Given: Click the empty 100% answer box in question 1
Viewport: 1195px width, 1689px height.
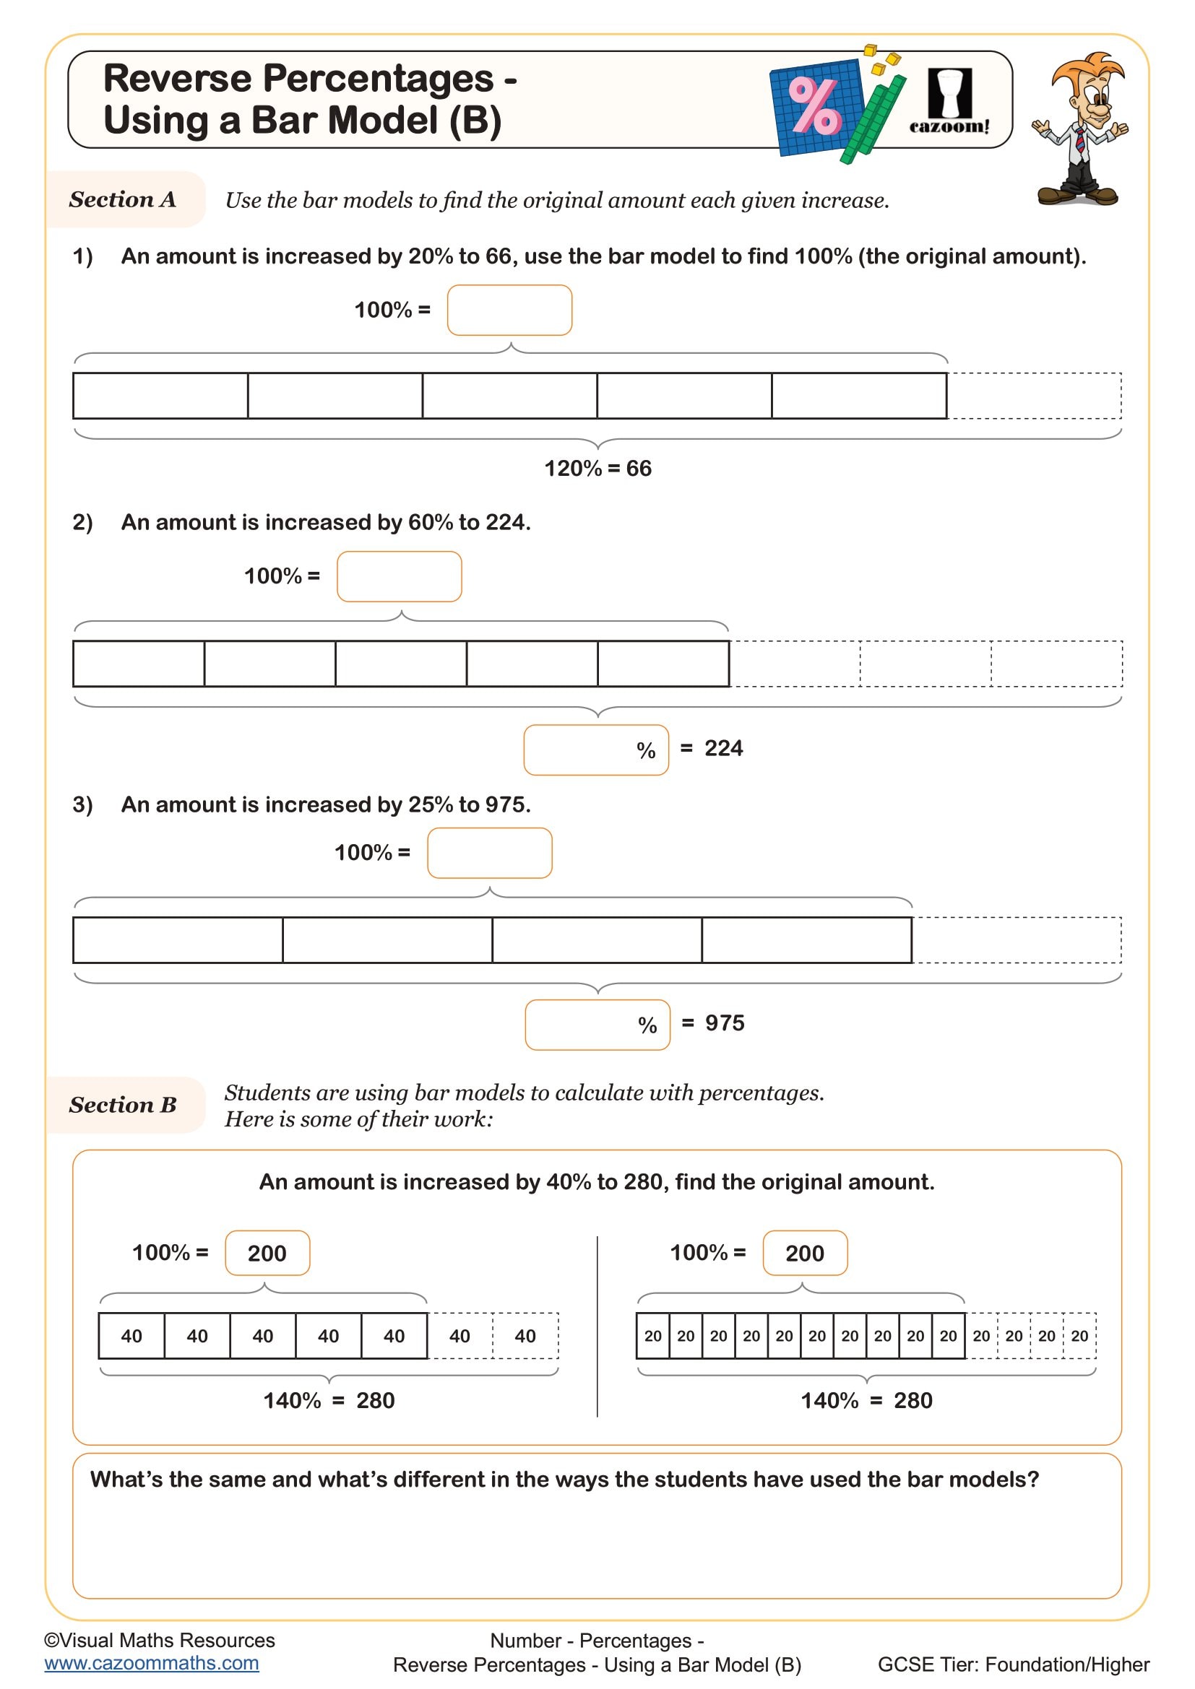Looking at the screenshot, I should pyautogui.click(x=509, y=311).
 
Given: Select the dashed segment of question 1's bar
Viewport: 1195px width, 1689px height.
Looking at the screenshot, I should pyautogui.click(x=1034, y=396).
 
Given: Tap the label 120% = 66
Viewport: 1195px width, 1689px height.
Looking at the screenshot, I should pyautogui.click(x=597, y=469).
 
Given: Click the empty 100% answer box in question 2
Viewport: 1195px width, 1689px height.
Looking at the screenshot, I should pyautogui.click(x=399, y=577).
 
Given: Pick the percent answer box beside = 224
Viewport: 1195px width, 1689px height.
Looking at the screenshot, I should pyautogui.click(x=596, y=750).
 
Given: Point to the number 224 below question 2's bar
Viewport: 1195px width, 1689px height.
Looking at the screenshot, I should pyautogui.click(x=723, y=748).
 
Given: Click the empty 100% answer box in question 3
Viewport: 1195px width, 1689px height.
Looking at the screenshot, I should pyautogui.click(x=489, y=854).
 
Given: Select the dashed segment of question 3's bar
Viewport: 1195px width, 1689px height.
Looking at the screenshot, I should pyautogui.click(x=1017, y=940).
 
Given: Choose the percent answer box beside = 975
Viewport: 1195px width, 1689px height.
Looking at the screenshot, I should pyautogui.click(x=597, y=1025).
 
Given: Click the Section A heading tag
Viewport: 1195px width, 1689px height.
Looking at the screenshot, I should pyautogui.click(x=123, y=199).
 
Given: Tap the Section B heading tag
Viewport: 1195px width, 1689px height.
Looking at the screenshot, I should pyautogui.click(x=123, y=1105).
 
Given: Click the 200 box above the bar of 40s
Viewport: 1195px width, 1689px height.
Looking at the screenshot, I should pyautogui.click(x=267, y=1253).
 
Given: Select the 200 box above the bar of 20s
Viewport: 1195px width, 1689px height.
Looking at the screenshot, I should pyautogui.click(x=804, y=1253).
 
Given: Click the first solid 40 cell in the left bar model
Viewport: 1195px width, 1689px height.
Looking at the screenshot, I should pyautogui.click(x=131, y=1336).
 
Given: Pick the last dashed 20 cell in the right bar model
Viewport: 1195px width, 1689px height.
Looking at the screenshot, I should pyautogui.click(x=1079, y=1336).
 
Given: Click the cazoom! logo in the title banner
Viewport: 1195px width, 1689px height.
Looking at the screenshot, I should pyautogui.click(x=949, y=103).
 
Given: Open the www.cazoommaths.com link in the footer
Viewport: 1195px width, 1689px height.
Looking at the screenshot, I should pyautogui.click(x=152, y=1663).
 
